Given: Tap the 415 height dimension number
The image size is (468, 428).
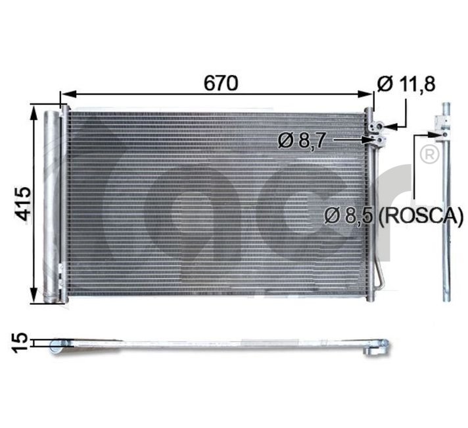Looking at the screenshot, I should [23, 205].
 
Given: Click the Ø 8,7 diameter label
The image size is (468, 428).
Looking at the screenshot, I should [302, 140].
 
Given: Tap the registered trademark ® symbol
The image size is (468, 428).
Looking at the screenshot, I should [429, 155].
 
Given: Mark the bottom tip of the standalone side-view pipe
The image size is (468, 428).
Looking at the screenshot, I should [446, 296].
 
